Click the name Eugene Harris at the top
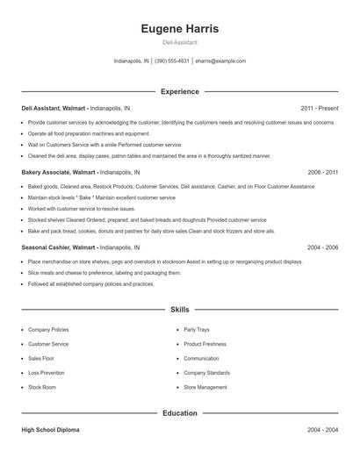point(180,28)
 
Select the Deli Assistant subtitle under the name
point(180,42)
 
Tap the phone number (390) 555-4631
point(172,61)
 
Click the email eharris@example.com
point(220,61)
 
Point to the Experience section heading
point(180,91)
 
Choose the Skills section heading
point(180,310)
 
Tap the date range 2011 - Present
point(319,108)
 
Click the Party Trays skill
point(198,330)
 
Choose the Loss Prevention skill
point(47,372)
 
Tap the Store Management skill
point(205,387)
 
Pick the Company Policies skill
point(48,330)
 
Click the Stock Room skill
point(42,387)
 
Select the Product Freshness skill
point(205,344)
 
